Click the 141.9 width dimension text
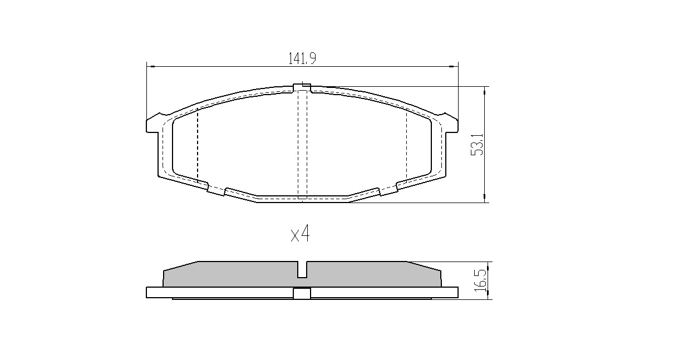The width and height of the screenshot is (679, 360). point(302,58)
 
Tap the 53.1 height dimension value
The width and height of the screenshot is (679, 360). point(477,144)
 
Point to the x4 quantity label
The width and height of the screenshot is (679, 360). point(300,235)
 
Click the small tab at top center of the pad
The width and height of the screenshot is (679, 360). point(302,86)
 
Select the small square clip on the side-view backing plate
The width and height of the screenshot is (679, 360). point(302,293)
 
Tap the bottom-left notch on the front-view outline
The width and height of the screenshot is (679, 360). point(216,190)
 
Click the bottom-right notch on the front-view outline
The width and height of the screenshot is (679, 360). point(387,190)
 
